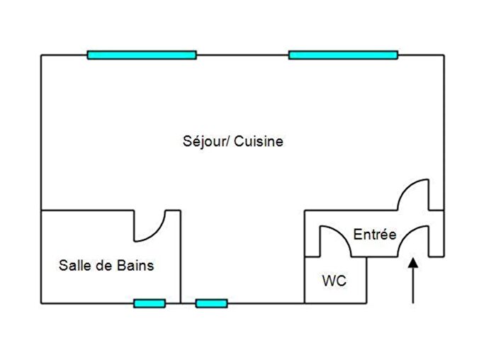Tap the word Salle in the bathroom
pos(72,266)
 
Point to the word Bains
pos(136,266)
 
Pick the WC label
pos(334,281)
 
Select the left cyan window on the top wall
pos(142,55)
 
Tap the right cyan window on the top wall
pos(343,55)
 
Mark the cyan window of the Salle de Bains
pos(150,303)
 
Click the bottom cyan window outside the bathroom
pos(211,303)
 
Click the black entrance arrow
pos(413,281)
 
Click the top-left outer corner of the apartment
pos(41,55)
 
